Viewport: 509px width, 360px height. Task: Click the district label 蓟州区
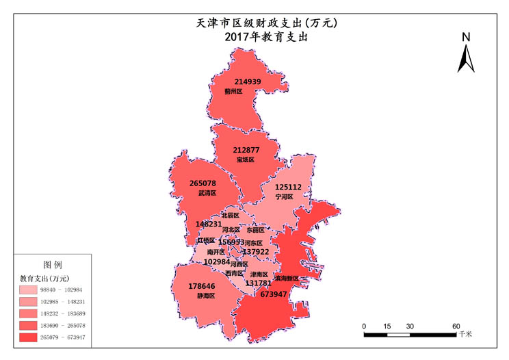point(233,91)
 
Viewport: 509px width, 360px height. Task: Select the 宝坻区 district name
point(245,159)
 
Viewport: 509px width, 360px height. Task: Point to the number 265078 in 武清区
point(203,183)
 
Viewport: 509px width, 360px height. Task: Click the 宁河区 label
point(284,196)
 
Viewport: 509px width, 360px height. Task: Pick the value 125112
point(288,187)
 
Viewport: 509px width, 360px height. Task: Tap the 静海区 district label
point(206,296)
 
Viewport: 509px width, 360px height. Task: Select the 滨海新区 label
point(287,279)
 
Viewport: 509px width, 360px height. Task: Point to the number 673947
point(274,294)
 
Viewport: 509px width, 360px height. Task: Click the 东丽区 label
point(255,231)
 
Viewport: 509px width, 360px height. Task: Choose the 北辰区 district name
point(221,216)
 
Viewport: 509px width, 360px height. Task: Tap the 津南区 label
point(259,274)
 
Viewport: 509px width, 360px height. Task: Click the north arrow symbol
point(467,58)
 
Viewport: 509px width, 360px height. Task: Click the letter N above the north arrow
point(466,37)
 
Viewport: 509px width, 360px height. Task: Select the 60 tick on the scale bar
point(455,326)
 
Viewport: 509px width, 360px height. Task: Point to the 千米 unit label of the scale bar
point(465,335)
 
